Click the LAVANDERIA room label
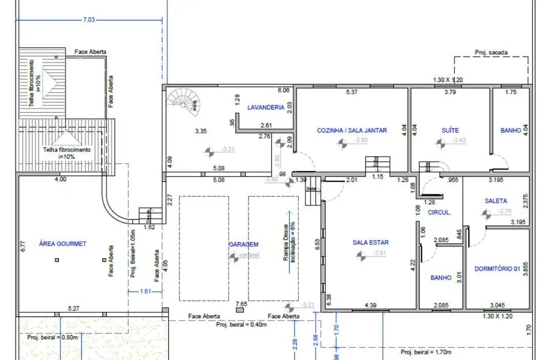pyautogui.click(x=266, y=107)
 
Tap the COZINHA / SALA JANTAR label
pyautogui.click(x=351, y=131)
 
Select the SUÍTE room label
pyautogui.click(x=450, y=131)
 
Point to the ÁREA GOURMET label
pyautogui.click(x=63, y=244)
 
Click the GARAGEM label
pyautogui.click(x=243, y=244)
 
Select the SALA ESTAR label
pyautogui.click(x=370, y=243)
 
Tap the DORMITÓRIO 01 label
pyautogui.click(x=497, y=269)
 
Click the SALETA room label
pyautogui.click(x=495, y=202)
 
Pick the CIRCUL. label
pyautogui.click(x=440, y=212)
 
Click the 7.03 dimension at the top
pyautogui.click(x=89, y=19)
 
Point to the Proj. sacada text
pyautogui.click(x=491, y=53)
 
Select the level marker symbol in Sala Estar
pyautogui.click(x=361, y=254)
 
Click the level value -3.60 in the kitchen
pyautogui.click(x=360, y=140)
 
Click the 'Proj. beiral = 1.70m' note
pyautogui.click(x=426, y=352)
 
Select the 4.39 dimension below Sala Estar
pyautogui.click(x=370, y=305)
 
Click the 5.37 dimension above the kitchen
pyautogui.click(x=351, y=92)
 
